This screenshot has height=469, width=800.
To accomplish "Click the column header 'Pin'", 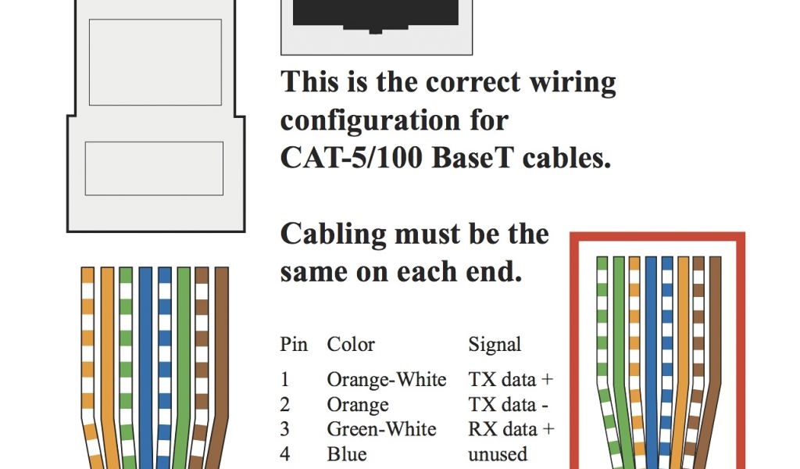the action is coord(294,345).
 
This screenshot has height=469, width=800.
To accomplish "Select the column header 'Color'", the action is coord(351,345).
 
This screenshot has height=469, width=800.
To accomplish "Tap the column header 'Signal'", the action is coord(495,345).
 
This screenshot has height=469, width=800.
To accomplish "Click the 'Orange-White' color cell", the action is coord(386,380).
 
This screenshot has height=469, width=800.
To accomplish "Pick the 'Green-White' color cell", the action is coord(381,429).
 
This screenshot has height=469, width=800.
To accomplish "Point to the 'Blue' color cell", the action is coord(347,454).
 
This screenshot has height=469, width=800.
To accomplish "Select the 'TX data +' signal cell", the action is coord(510,380).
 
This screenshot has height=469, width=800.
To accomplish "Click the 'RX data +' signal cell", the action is coord(511,429).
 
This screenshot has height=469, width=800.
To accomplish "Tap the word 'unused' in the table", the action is coord(498,454).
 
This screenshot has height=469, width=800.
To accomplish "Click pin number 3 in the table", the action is coord(285,429).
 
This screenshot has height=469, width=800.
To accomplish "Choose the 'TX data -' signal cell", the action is coord(508,405).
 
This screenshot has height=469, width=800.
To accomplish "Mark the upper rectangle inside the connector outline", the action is coord(155,63).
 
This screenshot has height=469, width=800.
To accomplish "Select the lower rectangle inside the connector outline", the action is coord(154,168).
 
